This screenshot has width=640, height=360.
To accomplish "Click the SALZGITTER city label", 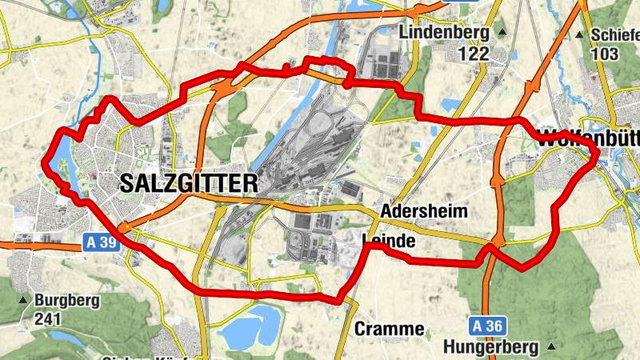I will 189,183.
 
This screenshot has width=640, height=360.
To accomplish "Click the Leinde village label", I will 389,240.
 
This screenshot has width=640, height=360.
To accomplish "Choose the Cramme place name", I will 389,328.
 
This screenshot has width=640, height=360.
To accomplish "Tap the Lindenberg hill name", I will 442,33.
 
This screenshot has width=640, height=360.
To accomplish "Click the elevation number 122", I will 474,54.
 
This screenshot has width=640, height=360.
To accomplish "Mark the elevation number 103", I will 604,54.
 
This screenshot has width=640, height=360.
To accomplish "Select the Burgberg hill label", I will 67,301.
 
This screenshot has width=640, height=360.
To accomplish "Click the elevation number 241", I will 49,318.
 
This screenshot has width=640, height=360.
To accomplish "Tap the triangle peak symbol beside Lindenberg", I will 502,33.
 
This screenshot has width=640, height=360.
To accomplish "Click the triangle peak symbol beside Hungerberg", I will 551,347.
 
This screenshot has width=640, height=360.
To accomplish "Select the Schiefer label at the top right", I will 614,35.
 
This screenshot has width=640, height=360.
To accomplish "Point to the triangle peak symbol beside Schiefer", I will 579,35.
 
